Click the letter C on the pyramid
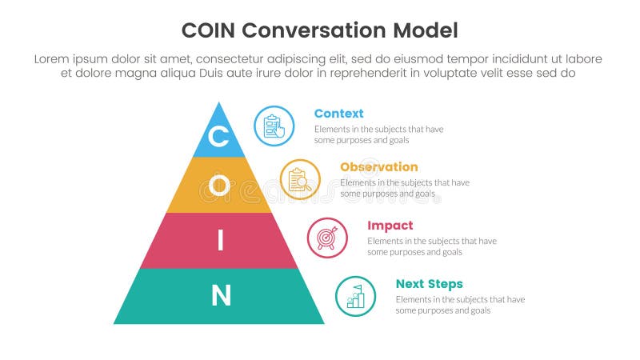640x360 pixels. coord(218,137)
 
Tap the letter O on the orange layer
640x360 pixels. coord(218,186)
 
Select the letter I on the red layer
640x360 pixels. coord(220,241)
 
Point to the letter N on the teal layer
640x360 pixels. coord(220,296)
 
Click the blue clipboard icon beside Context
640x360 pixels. coord(274,126)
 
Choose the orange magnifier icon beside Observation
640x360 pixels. coord(300,179)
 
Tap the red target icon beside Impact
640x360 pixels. coord(327,238)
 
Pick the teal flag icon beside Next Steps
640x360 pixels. coord(355,296)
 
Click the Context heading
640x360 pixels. coord(338,114)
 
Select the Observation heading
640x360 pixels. coord(378,167)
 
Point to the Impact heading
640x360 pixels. coord(390,226)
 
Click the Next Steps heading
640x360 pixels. coord(429,284)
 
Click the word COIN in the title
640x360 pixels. coord(209,30)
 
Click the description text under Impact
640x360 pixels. coord(432,246)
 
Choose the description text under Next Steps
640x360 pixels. coord(460,305)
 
